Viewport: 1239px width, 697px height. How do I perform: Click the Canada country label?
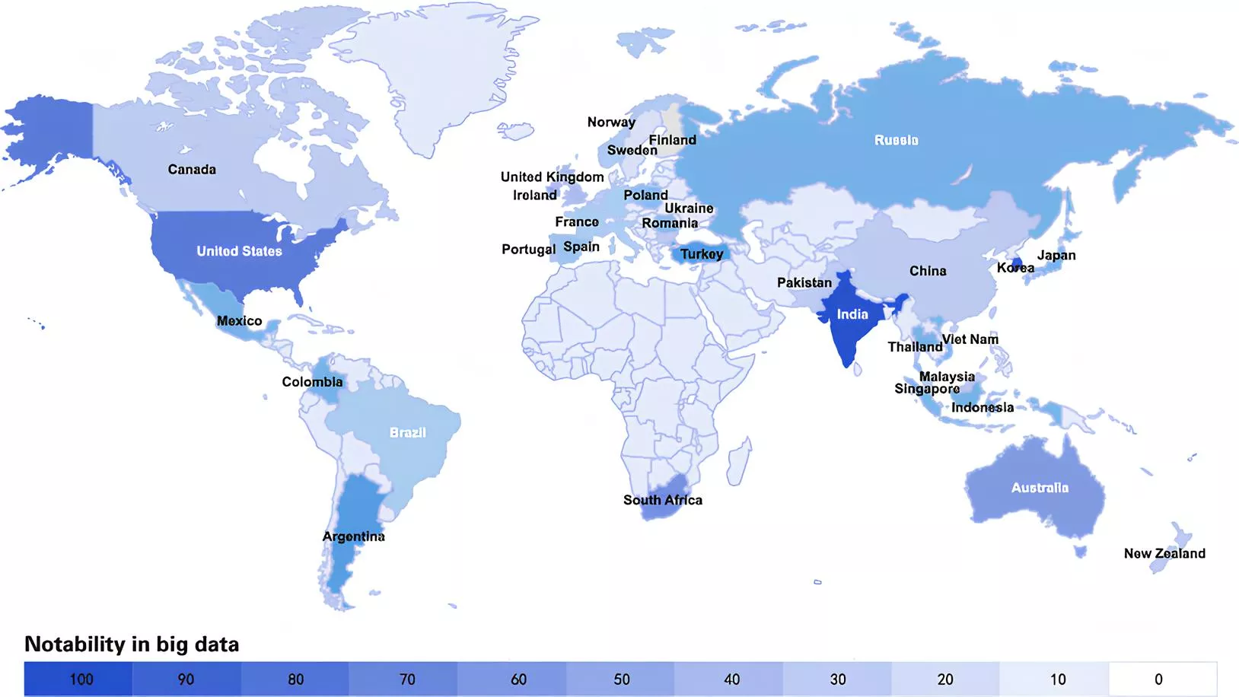point(192,170)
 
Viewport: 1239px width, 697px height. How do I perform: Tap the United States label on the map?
point(239,251)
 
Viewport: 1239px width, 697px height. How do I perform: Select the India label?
point(852,314)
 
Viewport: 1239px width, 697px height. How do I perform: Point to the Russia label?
point(896,140)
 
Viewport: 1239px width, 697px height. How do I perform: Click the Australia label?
point(1040,488)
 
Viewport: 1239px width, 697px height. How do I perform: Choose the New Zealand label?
point(1164,553)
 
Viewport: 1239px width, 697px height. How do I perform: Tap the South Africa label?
point(663,500)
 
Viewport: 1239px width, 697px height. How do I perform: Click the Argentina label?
point(353,536)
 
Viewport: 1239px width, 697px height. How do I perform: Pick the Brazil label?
point(408,432)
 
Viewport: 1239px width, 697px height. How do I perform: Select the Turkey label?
point(702,254)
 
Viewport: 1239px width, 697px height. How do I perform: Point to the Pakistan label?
point(804,282)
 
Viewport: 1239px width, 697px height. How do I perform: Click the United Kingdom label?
point(552,177)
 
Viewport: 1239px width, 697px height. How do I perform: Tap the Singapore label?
point(926,389)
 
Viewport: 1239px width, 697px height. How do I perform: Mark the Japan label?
point(1056,255)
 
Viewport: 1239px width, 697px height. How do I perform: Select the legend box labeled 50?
point(621,679)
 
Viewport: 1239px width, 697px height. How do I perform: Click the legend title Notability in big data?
point(132,644)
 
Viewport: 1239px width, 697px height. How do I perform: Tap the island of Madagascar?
point(737,460)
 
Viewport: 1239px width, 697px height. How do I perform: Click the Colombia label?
point(312,382)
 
